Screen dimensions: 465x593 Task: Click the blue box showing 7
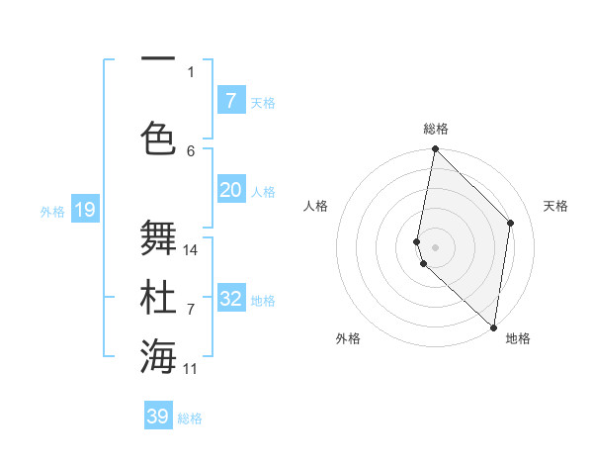pyautogui.click(x=230, y=101)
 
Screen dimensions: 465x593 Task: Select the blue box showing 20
pyautogui.click(x=230, y=190)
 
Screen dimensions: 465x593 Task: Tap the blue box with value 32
pyautogui.click(x=230, y=299)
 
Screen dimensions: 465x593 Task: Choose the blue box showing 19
pyautogui.click(x=84, y=210)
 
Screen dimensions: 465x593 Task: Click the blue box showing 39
pyautogui.click(x=157, y=417)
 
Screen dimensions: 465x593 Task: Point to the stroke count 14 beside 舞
pyautogui.click(x=191, y=249)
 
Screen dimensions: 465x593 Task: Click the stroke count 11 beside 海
pyautogui.click(x=191, y=369)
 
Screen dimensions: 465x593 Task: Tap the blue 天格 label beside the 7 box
pyautogui.click(x=263, y=102)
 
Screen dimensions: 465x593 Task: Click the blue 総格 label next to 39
pyautogui.click(x=190, y=418)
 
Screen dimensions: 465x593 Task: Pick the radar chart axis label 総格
pyautogui.click(x=436, y=129)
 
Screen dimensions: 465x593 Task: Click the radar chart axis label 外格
pyautogui.click(x=348, y=338)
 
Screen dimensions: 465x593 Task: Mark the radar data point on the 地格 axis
pyautogui.click(x=493, y=327)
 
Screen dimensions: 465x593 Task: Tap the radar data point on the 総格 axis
pyautogui.click(x=435, y=149)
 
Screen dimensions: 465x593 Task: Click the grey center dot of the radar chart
pyautogui.click(x=435, y=246)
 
